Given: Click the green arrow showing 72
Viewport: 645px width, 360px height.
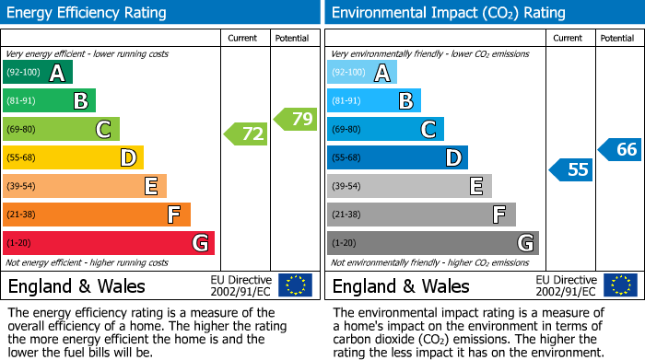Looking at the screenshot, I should pyautogui.click(x=247, y=134).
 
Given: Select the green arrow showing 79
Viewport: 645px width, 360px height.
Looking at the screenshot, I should pyautogui.click(x=296, y=119).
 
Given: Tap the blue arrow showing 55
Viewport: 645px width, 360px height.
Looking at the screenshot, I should pyautogui.click(x=571, y=169).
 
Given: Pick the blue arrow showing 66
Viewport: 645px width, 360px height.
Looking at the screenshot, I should pyautogui.click(x=621, y=149).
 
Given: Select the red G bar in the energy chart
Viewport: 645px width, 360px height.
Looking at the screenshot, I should pyautogui.click(x=109, y=243).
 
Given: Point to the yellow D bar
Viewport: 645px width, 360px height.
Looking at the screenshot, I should pyautogui.click(x=74, y=158).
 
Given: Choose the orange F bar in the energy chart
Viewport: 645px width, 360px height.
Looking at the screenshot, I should pyautogui.click(x=97, y=215).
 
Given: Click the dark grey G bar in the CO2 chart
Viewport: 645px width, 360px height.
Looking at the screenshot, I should pyautogui.click(x=432, y=243).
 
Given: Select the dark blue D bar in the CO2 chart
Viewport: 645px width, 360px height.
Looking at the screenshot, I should pyautogui.click(x=397, y=158).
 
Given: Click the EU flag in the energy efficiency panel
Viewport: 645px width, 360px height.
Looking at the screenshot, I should pyautogui.click(x=296, y=285).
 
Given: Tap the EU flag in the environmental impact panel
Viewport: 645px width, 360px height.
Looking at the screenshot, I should pyautogui.click(x=620, y=285).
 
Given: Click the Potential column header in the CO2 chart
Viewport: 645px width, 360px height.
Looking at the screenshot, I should pyautogui.click(x=617, y=38).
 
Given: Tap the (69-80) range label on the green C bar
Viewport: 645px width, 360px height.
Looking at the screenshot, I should pyautogui.click(x=22, y=130).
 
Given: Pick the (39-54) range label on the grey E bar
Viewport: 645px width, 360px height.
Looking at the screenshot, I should pyautogui.click(x=347, y=187).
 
